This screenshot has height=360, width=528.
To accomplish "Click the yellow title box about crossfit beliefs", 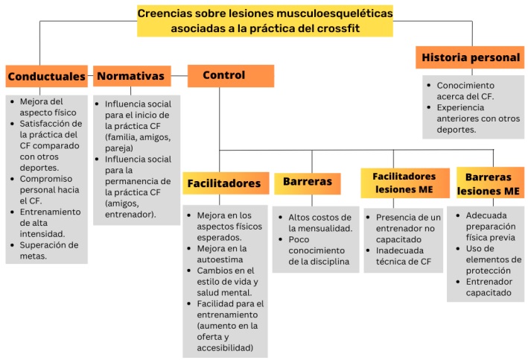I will tap(265, 21).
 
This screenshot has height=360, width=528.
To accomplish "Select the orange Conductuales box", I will tap(46, 76).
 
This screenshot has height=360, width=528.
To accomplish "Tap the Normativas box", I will tap(131, 75).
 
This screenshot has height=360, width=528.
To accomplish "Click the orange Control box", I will tap(230, 75).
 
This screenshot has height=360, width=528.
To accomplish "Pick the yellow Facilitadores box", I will tap(223, 183).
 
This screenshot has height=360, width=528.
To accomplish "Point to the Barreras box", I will tap(308, 183).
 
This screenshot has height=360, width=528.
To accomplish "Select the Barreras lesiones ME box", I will tap(488, 184).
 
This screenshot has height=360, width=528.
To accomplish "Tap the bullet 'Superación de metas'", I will tap(49, 250).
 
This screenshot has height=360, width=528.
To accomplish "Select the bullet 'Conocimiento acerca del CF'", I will tap(465, 91).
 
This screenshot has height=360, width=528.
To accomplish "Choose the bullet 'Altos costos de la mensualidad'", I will tap(317, 222).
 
